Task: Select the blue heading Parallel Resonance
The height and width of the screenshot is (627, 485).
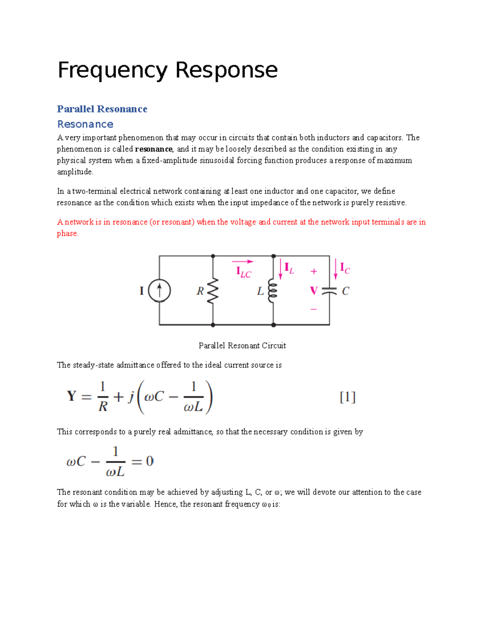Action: [x=102, y=109]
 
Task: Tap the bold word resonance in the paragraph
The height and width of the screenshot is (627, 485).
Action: [x=154, y=149]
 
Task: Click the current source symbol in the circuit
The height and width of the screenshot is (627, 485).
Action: [x=159, y=291]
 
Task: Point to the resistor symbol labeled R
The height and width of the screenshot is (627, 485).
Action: [x=213, y=291]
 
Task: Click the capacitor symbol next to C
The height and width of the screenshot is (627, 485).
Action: [x=329, y=291]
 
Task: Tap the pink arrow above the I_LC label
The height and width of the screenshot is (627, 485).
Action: [x=242, y=262]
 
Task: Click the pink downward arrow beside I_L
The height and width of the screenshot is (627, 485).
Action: [x=280, y=269]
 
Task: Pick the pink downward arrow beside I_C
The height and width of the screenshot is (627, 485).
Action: [x=335, y=269]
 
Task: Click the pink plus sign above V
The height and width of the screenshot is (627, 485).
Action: [x=314, y=272]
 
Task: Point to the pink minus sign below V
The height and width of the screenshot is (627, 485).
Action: [x=314, y=309]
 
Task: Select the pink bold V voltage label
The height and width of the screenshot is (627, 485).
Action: [x=314, y=291]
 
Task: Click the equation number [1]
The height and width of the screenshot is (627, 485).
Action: [x=348, y=397]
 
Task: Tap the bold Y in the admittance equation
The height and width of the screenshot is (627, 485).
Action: [x=72, y=396]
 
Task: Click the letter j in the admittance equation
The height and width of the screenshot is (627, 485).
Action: [x=131, y=397]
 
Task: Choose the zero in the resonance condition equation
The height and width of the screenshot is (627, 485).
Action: [x=150, y=461]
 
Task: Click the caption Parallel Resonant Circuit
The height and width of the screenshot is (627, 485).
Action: [x=242, y=346]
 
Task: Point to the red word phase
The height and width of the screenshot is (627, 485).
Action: [x=67, y=233]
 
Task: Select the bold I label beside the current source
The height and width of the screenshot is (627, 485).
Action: [x=141, y=291]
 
